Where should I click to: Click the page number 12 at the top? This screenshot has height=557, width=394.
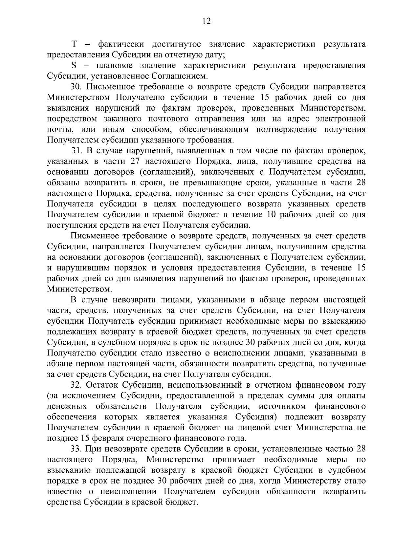tap(207, 22)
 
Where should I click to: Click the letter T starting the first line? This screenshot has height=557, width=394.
tap(74, 44)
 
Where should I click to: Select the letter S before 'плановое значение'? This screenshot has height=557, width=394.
tap(74, 66)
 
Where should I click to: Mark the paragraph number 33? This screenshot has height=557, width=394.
tap(77, 449)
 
